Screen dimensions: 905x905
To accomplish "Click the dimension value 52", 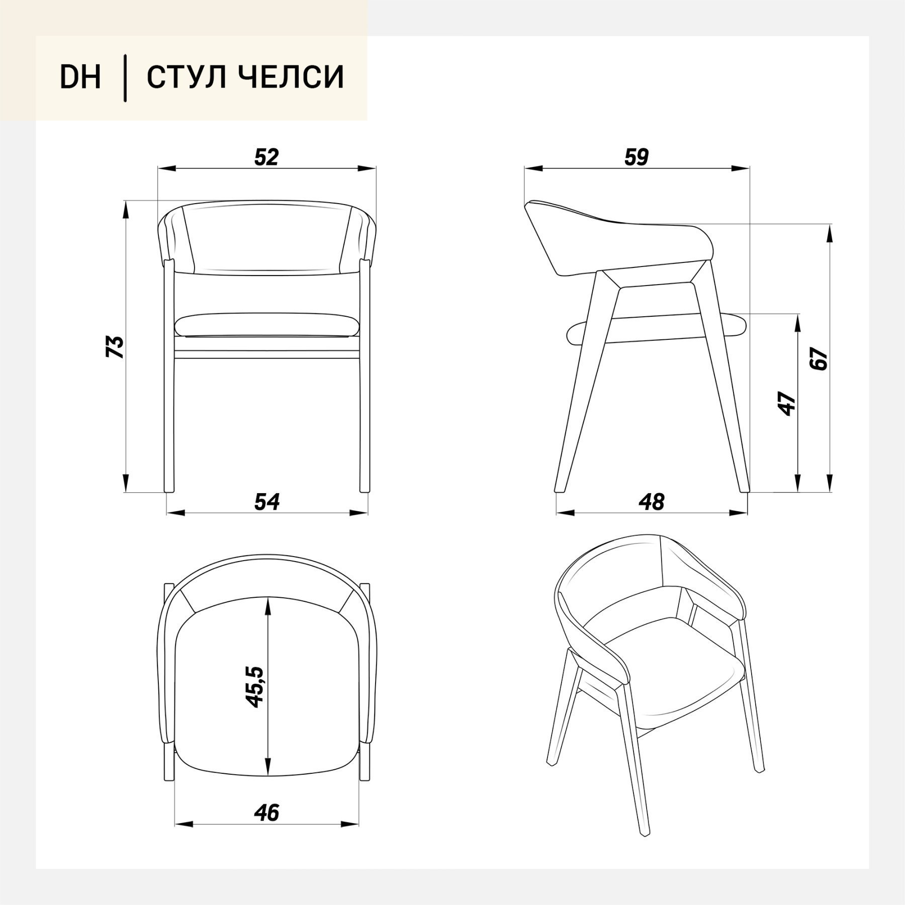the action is [x=266, y=157].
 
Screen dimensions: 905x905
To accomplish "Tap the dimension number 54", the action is [x=267, y=502].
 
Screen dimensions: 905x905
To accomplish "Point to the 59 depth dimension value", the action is [x=637, y=157].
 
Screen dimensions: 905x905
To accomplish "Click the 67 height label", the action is [x=820, y=358].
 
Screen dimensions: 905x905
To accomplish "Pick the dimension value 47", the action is [x=788, y=403].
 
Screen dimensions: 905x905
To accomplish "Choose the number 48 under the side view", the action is [x=652, y=502].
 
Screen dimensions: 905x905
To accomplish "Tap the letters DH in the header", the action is [x=80, y=77].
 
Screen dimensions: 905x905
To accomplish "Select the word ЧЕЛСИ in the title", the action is [x=290, y=77].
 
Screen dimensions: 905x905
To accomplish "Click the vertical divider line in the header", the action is [x=125, y=78].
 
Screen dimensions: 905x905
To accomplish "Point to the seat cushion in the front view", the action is [x=267, y=325].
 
